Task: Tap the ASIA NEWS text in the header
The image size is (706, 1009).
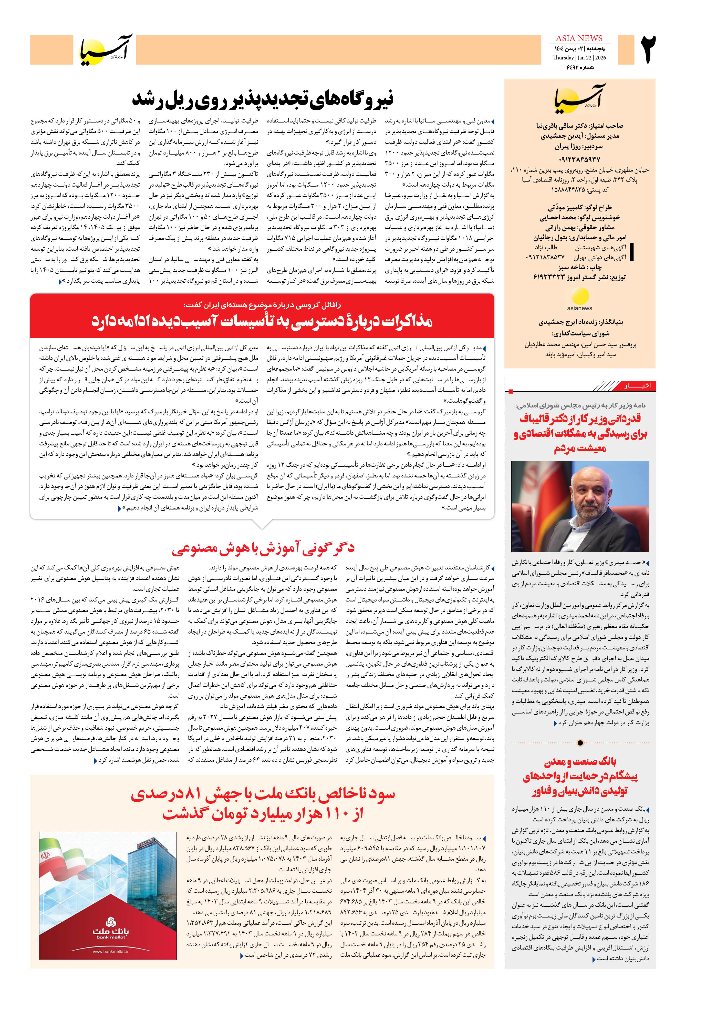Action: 579,38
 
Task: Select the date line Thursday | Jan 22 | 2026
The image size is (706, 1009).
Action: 579,58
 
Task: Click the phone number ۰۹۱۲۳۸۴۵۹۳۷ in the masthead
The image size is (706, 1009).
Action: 579,159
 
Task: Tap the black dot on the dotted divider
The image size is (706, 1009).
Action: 580,743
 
